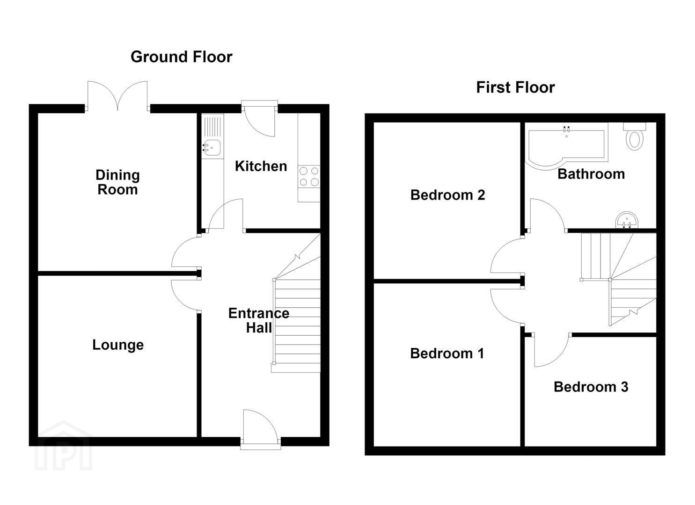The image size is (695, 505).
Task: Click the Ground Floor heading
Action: (182, 57)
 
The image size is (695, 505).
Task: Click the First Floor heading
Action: (515, 87)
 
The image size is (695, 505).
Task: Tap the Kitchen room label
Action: (261, 166)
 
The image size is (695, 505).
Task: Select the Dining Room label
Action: (117, 182)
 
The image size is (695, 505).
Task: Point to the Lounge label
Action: (118, 345)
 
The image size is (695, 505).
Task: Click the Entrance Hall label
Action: (259, 320)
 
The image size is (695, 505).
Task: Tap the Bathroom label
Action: (591, 174)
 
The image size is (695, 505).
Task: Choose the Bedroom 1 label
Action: (447, 353)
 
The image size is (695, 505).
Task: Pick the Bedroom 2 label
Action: (447, 195)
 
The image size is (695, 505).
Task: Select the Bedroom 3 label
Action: (591, 387)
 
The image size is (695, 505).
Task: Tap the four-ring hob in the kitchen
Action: (309, 176)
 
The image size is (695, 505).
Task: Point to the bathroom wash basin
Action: (627, 220)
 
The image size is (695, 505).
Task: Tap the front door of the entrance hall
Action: (260, 429)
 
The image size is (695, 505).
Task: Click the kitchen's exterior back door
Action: (259, 118)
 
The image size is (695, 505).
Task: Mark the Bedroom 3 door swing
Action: (551, 350)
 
